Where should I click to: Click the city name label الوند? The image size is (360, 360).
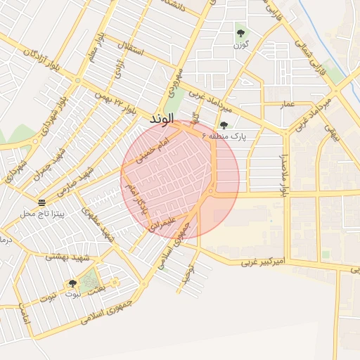click(161, 121)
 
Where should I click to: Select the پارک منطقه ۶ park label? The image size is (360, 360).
click(224, 136)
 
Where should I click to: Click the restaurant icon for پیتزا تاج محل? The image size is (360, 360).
click(42, 202)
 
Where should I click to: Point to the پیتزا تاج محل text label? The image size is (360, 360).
click(42, 212)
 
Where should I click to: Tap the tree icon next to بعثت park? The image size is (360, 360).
click(72, 283)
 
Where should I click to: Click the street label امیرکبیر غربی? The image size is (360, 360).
click(264, 261)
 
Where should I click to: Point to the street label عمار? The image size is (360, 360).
click(288, 104)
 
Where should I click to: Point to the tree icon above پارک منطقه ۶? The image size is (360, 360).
click(224, 124)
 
